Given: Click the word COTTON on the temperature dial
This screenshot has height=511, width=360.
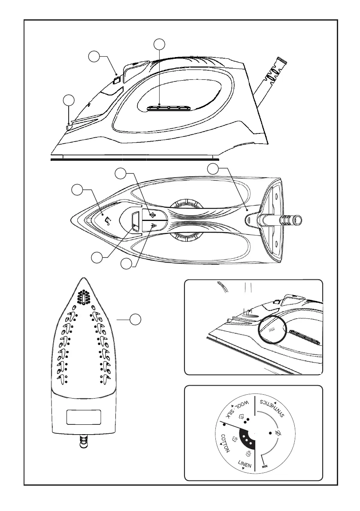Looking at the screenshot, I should (x=226, y=444).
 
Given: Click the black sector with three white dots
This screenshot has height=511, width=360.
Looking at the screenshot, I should (x=245, y=439).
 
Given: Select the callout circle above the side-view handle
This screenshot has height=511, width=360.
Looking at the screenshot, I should (x=160, y=44).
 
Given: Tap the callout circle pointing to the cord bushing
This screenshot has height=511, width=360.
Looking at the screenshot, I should (x=213, y=169).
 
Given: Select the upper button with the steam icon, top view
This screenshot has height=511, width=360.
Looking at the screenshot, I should (x=151, y=215).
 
